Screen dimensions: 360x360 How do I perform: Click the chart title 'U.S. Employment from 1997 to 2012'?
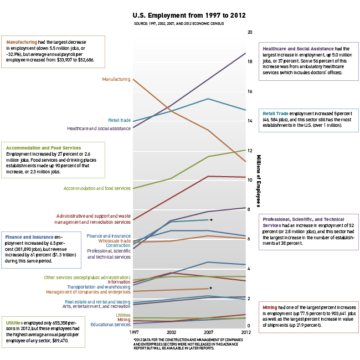click(x=189, y=16)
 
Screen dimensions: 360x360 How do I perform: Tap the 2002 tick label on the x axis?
click(x=171, y=332)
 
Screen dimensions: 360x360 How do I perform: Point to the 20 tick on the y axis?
click(x=250, y=32)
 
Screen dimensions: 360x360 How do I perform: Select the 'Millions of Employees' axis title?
click(x=259, y=181)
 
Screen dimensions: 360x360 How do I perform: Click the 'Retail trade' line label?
click(x=119, y=120)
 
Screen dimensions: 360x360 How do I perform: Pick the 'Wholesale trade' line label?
click(x=114, y=241)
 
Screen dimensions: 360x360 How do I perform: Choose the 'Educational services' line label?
click(x=110, y=325)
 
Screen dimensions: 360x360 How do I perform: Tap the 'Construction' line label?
click(x=118, y=245)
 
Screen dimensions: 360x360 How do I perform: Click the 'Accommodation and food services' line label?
click(x=97, y=188)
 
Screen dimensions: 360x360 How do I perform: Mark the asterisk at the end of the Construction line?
click(x=211, y=220)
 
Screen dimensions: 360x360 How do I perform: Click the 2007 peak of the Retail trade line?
click(x=208, y=99)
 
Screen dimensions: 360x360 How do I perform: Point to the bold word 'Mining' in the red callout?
click(x=270, y=307)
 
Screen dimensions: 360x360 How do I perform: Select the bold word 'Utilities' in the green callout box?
click(x=14, y=323)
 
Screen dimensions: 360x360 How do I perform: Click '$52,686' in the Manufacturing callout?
click(x=86, y=60)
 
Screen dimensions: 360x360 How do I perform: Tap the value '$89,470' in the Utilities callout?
click(x=60, y=341)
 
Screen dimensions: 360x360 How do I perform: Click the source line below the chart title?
click(x=179, y=23)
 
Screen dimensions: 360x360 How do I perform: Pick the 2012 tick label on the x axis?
click(x=246, y=332)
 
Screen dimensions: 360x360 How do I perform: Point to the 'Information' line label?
click(x=119, y=282)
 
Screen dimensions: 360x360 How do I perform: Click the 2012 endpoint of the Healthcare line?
click(x=245, y=53)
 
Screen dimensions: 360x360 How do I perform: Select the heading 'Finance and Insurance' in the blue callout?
click(x=29, y=237)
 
